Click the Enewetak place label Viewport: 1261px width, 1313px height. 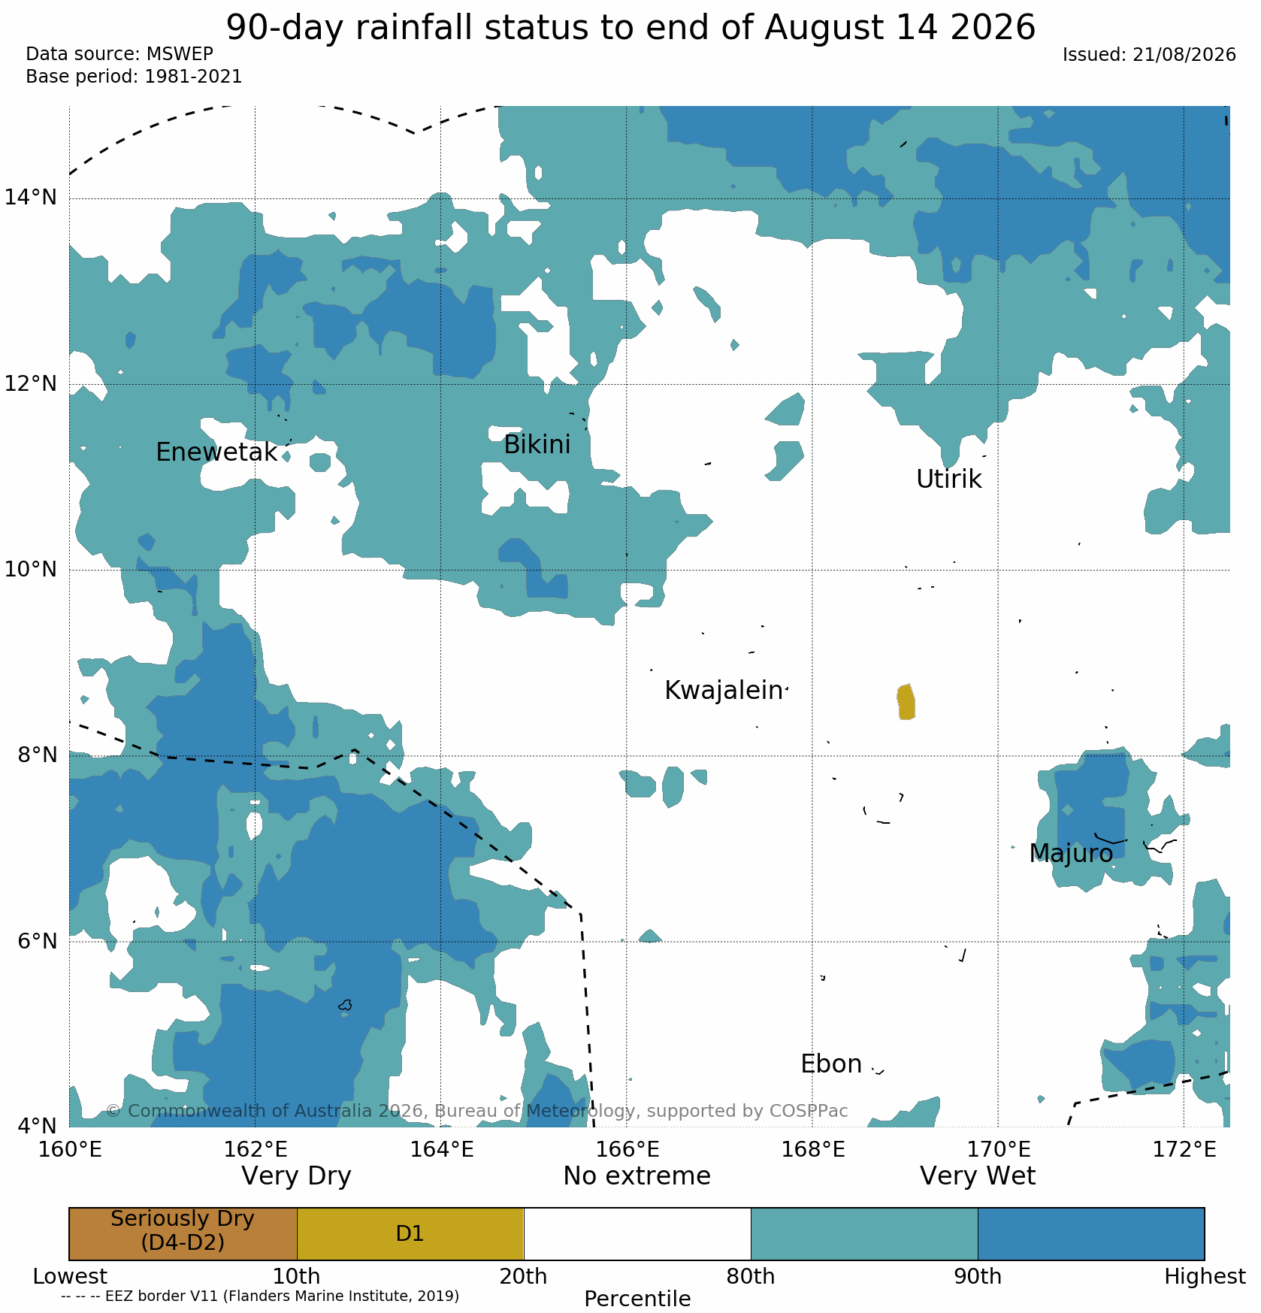[x=216, y=452]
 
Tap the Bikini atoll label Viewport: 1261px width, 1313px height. [x=537, y=445]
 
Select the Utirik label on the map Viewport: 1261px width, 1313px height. [x=948, y=480]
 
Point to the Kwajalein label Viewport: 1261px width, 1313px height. [x=724, y=691]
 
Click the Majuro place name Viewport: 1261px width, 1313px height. [x=1071, y=854]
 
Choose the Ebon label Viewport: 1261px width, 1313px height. [x=831, y=1064]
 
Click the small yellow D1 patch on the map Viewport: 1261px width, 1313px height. [x=906, y=702]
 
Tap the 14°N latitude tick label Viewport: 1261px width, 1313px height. [x=31, y=198]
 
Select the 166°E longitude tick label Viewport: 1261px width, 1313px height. [x=627, y=1150]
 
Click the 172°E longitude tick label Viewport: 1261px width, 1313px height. [x=1184, y=1150]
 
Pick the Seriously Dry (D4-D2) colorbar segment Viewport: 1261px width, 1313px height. [x=183, y=1233]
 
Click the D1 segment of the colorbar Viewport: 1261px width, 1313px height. [x=410, y=1233]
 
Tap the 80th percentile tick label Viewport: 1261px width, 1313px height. [x=750, y=1277]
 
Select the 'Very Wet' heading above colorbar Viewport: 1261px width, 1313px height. [x=978, y=1176]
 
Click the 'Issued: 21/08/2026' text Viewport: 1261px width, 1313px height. [x=1149, y=55]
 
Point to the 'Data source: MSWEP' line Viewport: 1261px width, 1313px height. [x=119, y=54]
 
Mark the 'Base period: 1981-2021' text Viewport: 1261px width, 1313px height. [x=134, y=77]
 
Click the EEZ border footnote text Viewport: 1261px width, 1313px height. [x=260, y=1296]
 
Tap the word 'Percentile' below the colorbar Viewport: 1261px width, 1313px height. [x=637, y=1299]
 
